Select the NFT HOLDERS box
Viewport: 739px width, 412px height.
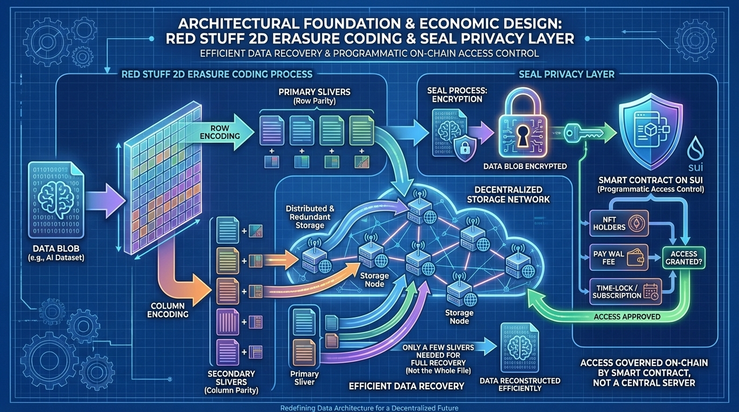[x=618, y=223]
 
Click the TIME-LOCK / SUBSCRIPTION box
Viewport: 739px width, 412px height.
[x=624, y=291]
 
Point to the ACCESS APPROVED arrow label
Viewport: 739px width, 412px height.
[x=627, y=317]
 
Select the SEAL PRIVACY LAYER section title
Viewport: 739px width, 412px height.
[x=566, y=75]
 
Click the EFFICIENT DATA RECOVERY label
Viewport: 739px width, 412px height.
[x=406, y=385]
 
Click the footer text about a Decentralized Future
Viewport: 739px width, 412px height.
[x=369, y=408]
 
